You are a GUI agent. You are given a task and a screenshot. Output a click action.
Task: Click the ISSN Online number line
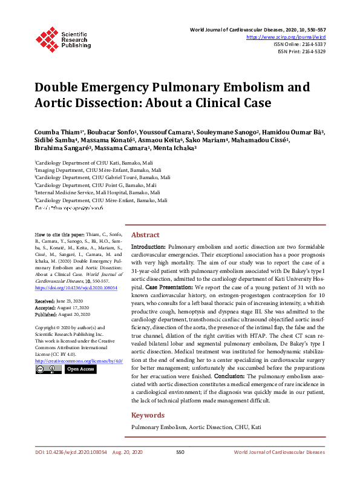pyautogui.click(x=299, y=44)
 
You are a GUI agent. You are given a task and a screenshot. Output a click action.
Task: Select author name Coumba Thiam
pyautogui.click(x=51, y=132)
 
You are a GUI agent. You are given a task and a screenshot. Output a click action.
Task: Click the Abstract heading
pyautogui.click(x=145, y=235)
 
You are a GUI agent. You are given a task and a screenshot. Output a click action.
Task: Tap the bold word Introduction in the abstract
pyautogui.click(x=148, y=248)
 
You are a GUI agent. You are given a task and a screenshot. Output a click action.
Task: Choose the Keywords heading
pyautogui.click(x=148, y=415)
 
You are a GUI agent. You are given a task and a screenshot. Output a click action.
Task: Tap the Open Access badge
pyautogui.click(x=80, y=369)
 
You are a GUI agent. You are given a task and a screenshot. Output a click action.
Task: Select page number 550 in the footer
pyautogui.click(x=180, y=469)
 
